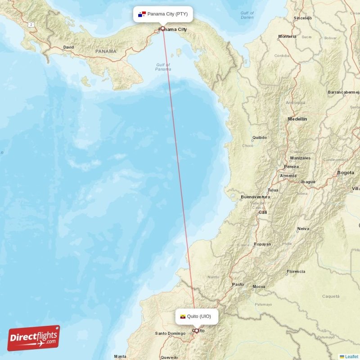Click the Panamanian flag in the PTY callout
[x=142, y=14]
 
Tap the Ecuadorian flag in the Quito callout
[x=183, y=316]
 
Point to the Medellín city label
[x=297, y=119]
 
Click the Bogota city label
[x=346, y=172]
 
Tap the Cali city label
[x=262, y=212]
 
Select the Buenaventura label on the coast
[x=255, y=197]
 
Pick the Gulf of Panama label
[x=163, y=67]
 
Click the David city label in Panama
[x=68, y=47]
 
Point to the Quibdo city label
[x=260, y=137]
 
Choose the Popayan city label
[x=262, y=244]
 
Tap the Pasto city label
[x=238, y=284]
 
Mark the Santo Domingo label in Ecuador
[x=170, y=333]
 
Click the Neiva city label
[x=303, y=229]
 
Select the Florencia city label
[x=296, y=271]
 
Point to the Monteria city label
[x=288, y=36]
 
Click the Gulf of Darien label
[x=247, y=15]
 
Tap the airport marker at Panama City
[x=163, y=28]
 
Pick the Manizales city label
[x=300, y=158]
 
